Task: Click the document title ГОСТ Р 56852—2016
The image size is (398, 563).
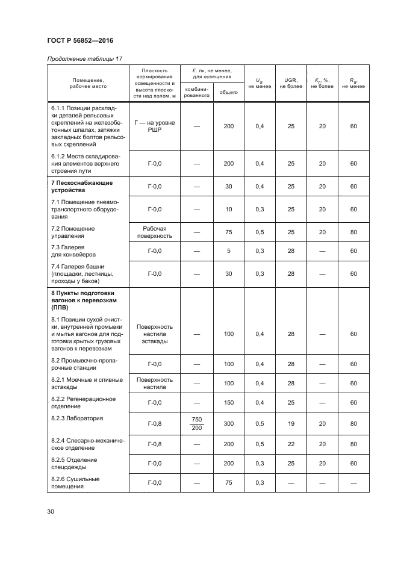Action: coord(80,41)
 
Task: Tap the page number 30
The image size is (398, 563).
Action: coord(51,511)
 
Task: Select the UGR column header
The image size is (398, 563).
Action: coord(291,83)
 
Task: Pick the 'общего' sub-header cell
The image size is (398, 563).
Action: coord(228,92)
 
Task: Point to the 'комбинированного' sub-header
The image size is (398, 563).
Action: coord(196,92)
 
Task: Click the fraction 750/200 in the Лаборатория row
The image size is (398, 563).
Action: coord(196,423)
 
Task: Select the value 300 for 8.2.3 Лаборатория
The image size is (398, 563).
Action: coord(228,423)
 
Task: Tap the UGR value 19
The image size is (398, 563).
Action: coord(291,423)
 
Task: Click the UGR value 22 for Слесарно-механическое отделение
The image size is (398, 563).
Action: coord(291,444)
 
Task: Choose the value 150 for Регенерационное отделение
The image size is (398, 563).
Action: coord(228,402)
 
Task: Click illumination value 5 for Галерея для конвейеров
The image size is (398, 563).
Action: coord(228,250)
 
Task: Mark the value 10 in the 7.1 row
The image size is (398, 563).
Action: coord(228,209)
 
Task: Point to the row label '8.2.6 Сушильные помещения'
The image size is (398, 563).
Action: coord(75,483)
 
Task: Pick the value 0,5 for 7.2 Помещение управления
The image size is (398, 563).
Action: coord(260,232)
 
